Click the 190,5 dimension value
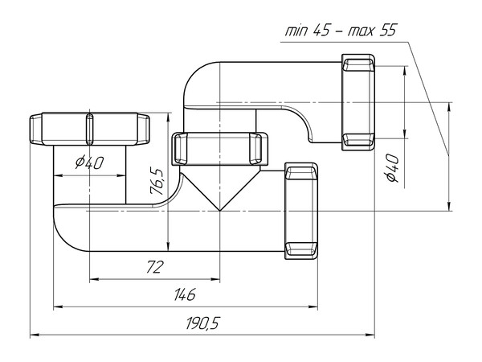tap(202, 323)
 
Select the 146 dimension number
tap(185, 294)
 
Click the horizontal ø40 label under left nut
tap(89, 162)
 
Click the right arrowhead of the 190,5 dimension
tap(374, 334)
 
